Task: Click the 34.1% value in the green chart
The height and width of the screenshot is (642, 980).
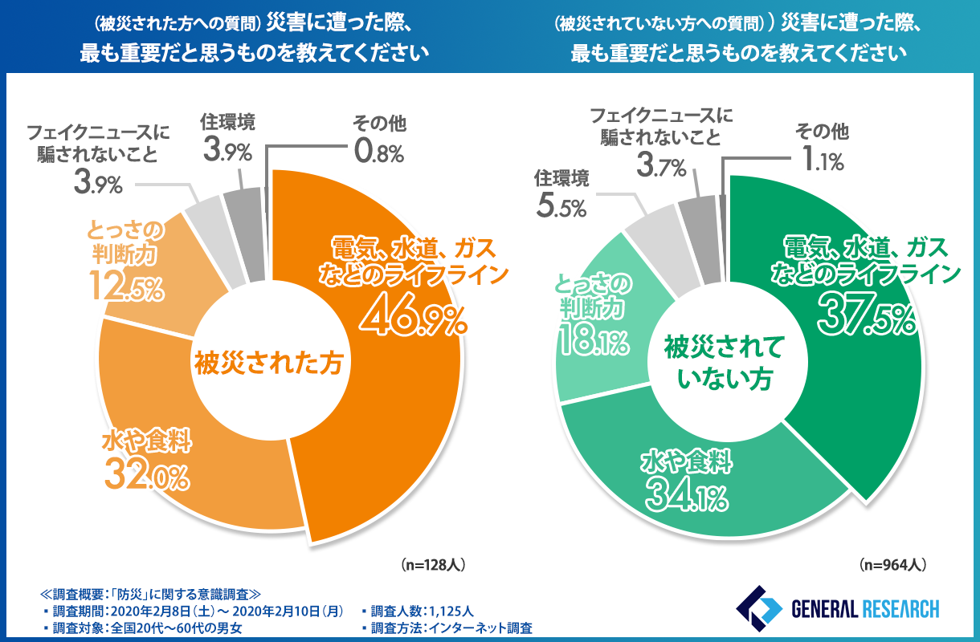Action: (x=687, y=496)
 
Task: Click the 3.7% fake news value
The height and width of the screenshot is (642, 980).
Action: (x=661, y=167)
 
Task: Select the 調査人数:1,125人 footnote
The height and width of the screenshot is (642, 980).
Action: (x=418, y=610)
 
